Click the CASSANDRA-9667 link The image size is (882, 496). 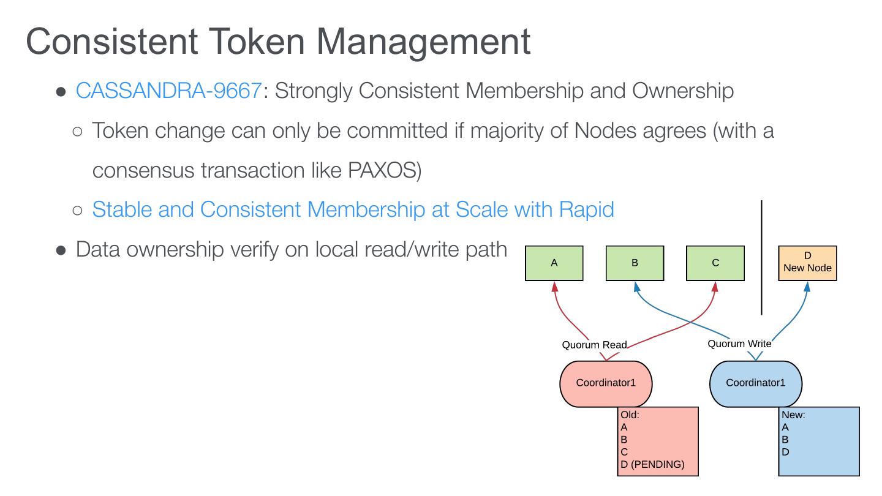tap(168, 91)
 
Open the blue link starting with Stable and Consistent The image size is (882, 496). tap(353, 209)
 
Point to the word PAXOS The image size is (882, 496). tap(384, 170)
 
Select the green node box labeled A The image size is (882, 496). tap(554, 263)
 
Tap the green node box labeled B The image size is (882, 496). tap(635, 263)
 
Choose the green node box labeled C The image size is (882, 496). tap(715, 263)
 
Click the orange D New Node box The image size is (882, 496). tap(807, 263)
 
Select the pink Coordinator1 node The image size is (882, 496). tap(606, 383)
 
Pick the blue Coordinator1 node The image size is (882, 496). tap(755, 383)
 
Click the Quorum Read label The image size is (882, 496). tap(594, 345)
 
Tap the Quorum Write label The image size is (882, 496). tap(739, 344)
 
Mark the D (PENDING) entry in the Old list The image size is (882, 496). tap(652, 464)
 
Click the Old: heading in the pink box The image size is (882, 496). tap(630, 415)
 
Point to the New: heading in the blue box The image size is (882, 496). tap(793, 415)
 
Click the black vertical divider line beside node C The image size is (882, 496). tap(761, 257)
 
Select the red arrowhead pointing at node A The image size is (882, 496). tap(554, 286)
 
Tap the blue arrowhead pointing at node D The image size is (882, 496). tap(807, 286)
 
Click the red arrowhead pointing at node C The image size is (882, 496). tap(715, 286)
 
